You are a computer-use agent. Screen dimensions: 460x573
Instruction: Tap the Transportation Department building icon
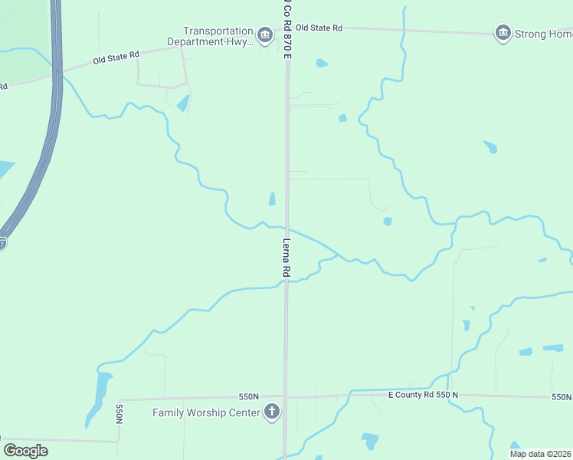tap(265, 35)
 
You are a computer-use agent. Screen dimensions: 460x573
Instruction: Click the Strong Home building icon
tap(503, 33)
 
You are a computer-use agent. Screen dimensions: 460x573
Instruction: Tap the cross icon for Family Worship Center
tap(270, 412)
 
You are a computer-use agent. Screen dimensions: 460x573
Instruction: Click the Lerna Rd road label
tap(286, 257)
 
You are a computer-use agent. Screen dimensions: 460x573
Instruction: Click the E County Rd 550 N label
tap(423, 395)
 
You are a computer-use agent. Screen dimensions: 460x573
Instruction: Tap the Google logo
tap(26, 451)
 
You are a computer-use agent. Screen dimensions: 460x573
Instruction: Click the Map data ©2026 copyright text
tap(540, 454)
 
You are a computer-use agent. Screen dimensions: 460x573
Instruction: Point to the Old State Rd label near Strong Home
tap(319, 28)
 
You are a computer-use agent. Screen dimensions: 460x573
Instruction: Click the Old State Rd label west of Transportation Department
tap(116, 57)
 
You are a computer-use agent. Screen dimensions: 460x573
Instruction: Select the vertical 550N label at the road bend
tap(119, 414)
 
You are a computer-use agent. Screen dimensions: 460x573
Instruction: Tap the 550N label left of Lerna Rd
tap(249, 396)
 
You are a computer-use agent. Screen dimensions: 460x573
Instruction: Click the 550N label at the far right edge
tap(562, 397)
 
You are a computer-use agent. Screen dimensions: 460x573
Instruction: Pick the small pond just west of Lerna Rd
tap(272, 199)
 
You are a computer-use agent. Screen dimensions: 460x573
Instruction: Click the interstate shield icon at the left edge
tap(2, 243)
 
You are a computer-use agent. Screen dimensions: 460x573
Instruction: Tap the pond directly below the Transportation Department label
tap(182, 103)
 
